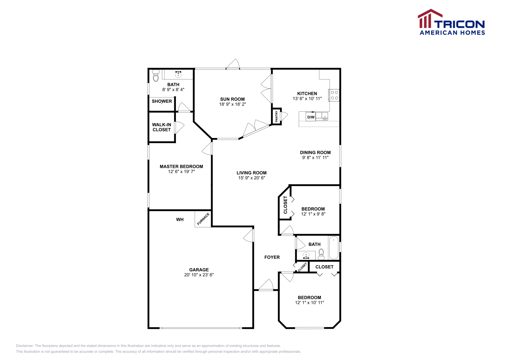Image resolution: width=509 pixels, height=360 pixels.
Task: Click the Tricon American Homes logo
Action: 451,22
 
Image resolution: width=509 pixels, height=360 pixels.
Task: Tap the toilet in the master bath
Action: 156,75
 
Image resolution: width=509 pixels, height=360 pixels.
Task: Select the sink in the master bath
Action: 178,74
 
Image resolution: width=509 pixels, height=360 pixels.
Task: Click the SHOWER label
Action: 162,101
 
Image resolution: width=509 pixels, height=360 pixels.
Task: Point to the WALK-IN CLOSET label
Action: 162,127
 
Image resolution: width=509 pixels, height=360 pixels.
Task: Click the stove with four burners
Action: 334,95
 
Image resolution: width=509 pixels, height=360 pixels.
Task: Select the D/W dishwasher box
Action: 310,117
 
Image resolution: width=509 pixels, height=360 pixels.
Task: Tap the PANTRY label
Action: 276,116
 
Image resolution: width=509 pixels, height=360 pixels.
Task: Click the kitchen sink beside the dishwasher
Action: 322,116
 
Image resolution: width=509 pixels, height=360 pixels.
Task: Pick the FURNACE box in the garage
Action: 203,219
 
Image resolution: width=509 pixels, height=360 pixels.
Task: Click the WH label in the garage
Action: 180,219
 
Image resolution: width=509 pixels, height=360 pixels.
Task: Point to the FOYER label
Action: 272,257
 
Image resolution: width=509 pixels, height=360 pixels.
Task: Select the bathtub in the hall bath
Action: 334,247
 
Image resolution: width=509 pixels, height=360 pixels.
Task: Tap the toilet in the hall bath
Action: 321,254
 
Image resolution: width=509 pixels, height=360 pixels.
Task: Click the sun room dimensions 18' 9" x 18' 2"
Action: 233,104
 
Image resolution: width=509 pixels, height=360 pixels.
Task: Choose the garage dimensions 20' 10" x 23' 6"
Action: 199,275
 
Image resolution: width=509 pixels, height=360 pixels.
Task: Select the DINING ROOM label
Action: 315,152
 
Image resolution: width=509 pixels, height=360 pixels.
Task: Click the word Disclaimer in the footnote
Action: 24,346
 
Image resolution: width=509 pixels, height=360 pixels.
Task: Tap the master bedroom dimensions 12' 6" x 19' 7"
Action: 181,171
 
